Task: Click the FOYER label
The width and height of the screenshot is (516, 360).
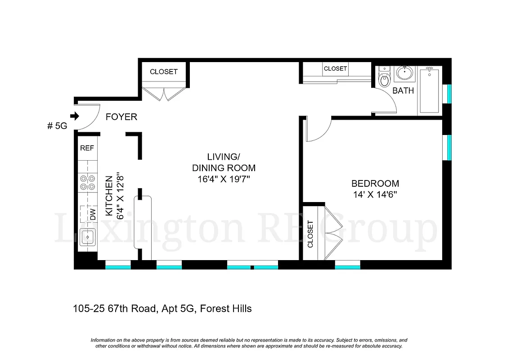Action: (121, 117)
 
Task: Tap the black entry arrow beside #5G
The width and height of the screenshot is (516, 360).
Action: (75, 116)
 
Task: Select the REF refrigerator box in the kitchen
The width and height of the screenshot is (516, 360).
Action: (87, 148)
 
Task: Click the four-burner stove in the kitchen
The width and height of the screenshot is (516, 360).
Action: (87, 182)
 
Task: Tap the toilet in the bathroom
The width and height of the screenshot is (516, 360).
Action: (384, 80)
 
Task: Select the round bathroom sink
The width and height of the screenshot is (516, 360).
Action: (405, 72)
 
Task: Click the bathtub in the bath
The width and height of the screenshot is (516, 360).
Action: (430, 90)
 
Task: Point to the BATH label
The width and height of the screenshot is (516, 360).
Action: (403, 91)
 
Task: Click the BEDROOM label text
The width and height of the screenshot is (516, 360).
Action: (375, 184)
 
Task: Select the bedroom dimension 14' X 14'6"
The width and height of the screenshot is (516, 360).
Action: (375, 195)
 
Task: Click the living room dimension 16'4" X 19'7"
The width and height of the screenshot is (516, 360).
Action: (224, 179)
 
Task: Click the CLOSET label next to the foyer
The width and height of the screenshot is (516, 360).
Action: (164, 72)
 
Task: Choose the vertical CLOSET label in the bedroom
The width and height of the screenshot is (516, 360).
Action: (310, 234)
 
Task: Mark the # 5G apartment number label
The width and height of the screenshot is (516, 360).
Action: (57, 126)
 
